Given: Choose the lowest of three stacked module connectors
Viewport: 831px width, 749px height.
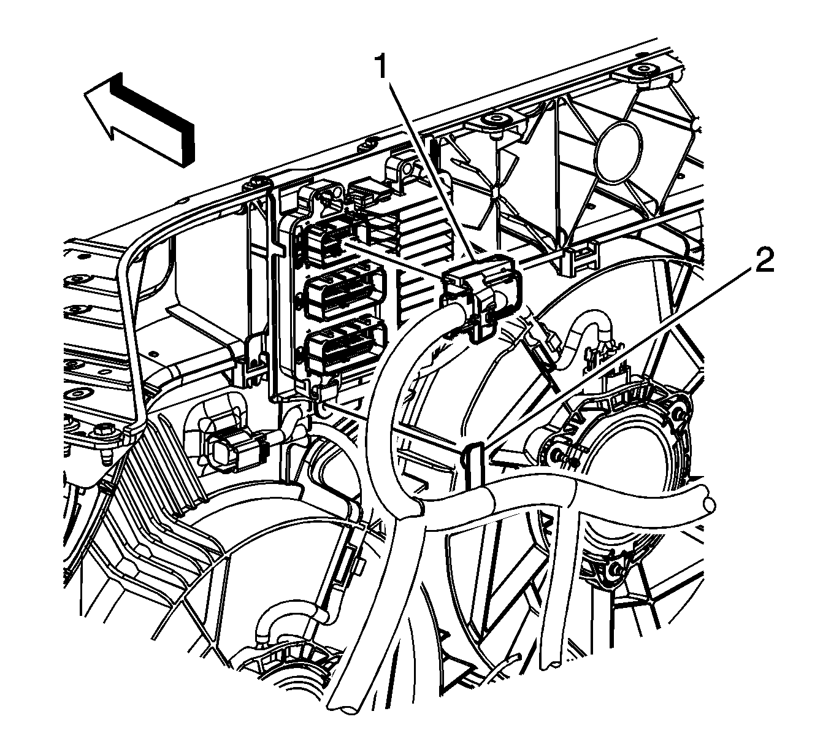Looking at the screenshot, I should click(x=346, y=347).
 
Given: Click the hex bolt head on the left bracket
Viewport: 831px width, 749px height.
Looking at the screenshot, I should click(x=105, y=431).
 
